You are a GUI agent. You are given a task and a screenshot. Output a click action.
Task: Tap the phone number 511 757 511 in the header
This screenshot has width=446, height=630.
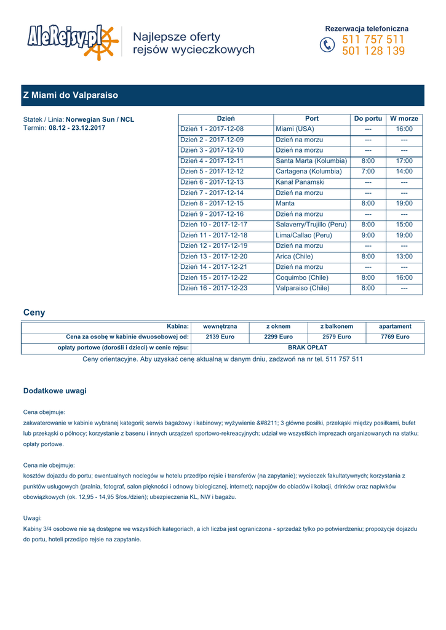tap(373, 40)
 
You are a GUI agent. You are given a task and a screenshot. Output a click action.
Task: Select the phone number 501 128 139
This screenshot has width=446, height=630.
tap(373, 51)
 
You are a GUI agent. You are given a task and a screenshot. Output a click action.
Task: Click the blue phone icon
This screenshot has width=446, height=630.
tap(328, 46)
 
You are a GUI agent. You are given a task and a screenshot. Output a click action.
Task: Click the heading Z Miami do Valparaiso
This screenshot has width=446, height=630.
tap(70, 95)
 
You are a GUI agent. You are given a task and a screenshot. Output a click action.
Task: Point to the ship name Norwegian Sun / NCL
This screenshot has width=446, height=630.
tap(100, 119)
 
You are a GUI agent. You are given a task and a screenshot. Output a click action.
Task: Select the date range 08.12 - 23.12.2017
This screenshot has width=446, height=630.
tap(77, 128)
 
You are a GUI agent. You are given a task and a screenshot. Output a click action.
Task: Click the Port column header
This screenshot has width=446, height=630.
tap(312, 118)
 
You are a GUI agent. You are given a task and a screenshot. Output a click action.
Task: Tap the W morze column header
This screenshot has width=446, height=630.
tap(404, 118)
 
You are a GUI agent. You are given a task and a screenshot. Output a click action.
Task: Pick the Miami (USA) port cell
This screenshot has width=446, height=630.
tap(295, 129)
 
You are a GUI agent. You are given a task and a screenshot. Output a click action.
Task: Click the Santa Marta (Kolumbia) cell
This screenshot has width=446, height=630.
tap(311, 161)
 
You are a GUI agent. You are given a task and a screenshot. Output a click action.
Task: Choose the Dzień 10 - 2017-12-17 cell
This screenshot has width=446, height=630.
tap(213, 225)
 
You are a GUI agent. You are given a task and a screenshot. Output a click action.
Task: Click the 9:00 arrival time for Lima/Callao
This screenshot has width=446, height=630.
tap(368, 235)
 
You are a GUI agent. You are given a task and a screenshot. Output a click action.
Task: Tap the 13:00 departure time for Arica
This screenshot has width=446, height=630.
tap(404, 256)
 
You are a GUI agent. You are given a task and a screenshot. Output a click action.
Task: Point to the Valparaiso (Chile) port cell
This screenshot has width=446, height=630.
tap(302, 288)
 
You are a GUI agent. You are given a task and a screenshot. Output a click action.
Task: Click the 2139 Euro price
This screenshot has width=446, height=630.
tap(220, 337)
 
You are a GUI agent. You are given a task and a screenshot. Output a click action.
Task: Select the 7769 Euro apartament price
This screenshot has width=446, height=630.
tap(395, 337)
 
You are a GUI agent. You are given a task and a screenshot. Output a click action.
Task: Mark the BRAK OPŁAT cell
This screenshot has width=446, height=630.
tap(308, 348)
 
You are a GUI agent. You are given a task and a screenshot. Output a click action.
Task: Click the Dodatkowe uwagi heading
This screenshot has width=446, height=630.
tap(55, 391)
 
